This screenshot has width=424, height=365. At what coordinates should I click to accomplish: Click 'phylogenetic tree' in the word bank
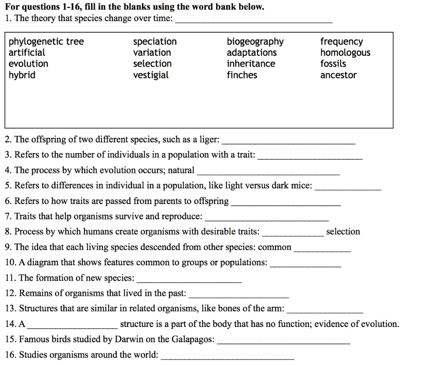(46, 42)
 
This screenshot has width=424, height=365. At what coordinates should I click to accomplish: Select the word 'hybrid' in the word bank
(22, 75)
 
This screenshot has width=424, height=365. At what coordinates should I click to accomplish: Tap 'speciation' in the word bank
(155, 42)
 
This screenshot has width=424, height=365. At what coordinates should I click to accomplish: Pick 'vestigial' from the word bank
(151, 75)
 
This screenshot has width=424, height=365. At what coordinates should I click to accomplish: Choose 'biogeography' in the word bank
(255, 42)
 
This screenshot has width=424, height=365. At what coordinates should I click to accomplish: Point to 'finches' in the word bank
(242, 75)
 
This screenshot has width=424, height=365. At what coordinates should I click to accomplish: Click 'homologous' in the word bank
(345, 53)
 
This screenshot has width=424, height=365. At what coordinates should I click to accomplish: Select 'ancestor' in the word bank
(338, 75)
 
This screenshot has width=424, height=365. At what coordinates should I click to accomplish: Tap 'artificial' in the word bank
(27, 53)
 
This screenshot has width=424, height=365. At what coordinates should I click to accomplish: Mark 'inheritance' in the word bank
(251, 64)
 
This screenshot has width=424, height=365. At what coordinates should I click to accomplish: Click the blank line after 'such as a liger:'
(289, 142)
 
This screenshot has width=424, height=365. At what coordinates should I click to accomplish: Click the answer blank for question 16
(227, 357)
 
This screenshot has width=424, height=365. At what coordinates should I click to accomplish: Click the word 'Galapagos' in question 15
(194, 339)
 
